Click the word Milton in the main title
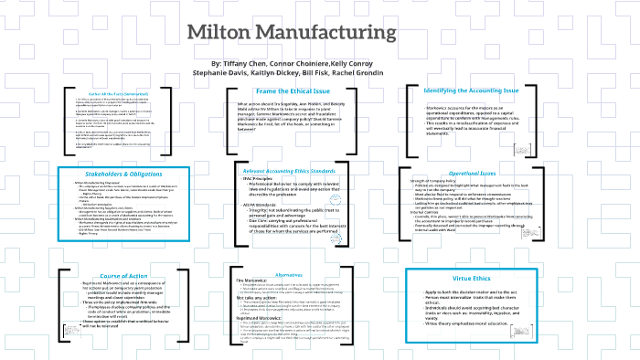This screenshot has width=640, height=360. point(227,34)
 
